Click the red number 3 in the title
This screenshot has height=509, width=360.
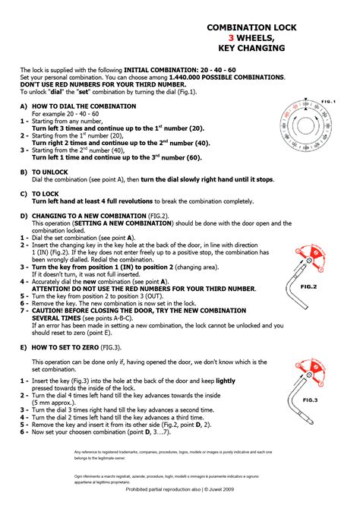[231, 36]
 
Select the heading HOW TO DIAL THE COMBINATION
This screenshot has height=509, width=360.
[84, 106]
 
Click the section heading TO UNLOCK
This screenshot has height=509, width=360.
[52, 172]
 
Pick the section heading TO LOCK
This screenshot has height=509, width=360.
[46, 194]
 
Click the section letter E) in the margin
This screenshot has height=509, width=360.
[24, 346]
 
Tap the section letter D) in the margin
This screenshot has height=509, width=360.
[24, 216]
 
